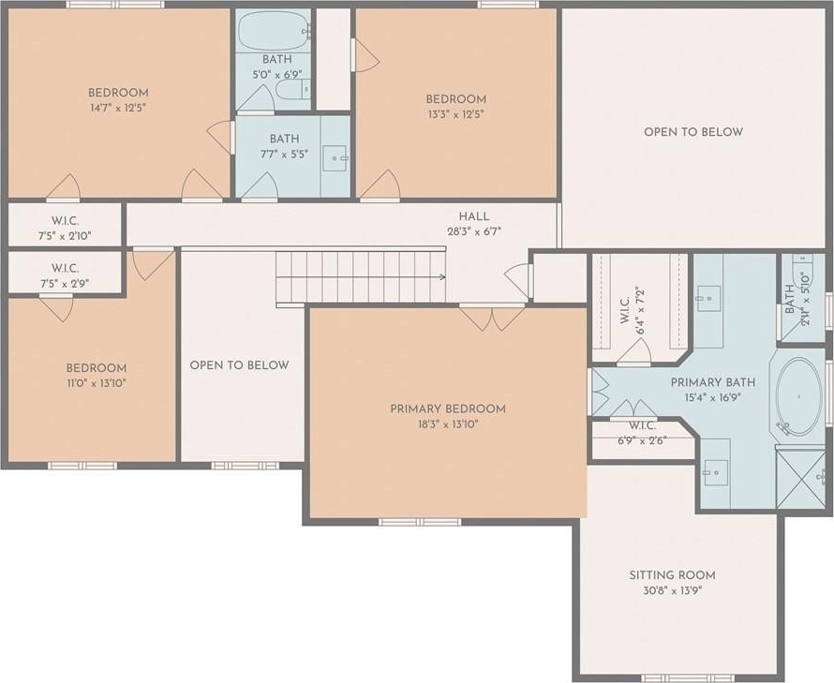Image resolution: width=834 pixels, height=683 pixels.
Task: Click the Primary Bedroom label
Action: [448, 408]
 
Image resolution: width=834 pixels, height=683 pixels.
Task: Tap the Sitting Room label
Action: [672, 575]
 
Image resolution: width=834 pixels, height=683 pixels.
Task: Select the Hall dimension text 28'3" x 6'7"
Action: [474, 231]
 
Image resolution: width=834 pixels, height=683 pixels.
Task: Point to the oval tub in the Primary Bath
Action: [799, 397]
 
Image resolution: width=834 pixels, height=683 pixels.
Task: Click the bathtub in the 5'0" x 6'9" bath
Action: [274, 32]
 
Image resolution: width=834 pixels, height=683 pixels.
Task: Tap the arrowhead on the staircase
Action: [442, 276]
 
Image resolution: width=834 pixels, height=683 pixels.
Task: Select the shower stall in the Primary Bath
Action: [803, 478]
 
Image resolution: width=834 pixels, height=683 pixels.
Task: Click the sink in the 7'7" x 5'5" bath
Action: [335, 158]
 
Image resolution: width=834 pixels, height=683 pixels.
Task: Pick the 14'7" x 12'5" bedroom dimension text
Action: [118, 108]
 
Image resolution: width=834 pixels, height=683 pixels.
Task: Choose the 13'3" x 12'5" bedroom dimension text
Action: [456, 114]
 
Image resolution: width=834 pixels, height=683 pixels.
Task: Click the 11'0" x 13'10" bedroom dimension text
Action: [97, 382]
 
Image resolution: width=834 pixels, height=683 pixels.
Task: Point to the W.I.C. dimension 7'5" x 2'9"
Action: [65, 284]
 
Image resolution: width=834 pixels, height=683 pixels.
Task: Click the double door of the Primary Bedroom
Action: [492, 318]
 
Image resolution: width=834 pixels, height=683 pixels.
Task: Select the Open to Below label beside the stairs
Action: [239, 364]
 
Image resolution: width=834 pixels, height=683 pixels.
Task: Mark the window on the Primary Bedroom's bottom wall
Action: [420, 522]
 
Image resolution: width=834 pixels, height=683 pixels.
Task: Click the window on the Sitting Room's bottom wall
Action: [688, 677]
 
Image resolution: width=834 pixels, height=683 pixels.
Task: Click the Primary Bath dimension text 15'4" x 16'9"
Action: [713, 397]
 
